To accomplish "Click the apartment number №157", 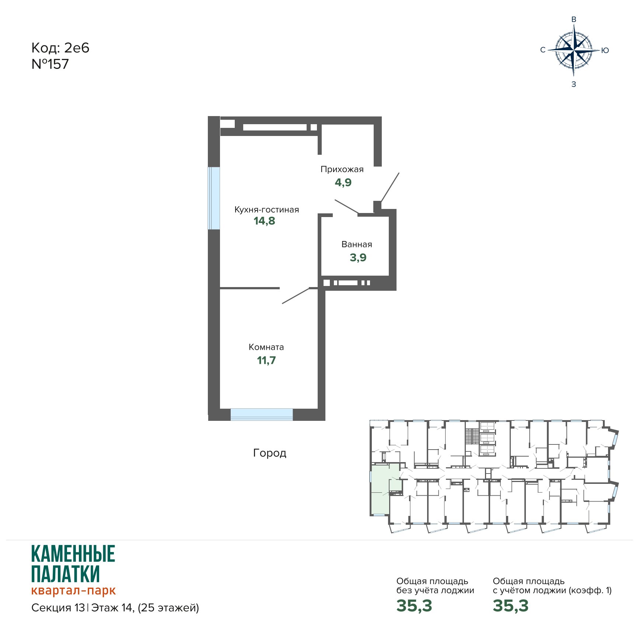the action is pos(50,64).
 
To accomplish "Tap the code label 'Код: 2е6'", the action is pos(60,48).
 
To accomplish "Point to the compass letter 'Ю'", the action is pos(605,50).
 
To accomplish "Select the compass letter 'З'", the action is pos(573,84).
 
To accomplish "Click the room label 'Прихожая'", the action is pos(342,170).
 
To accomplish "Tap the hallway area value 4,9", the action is pos(343,182).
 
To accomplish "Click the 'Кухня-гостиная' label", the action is pos(267,210).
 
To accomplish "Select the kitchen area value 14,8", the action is pos(264,221).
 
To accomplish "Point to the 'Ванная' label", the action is pos(357,244).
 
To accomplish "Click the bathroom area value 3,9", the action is pos(358,258).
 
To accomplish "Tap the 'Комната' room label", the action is pos(266,347).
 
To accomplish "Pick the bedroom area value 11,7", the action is pos(266,360).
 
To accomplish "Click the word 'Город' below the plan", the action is pos(270,453).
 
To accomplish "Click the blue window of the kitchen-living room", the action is pos(214,198).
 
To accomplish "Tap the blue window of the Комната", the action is pos(262,415).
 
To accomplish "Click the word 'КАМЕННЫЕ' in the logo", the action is pos(73,554).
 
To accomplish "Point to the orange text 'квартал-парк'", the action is pos(73,590).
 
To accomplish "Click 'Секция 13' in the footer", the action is pos(58,608).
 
